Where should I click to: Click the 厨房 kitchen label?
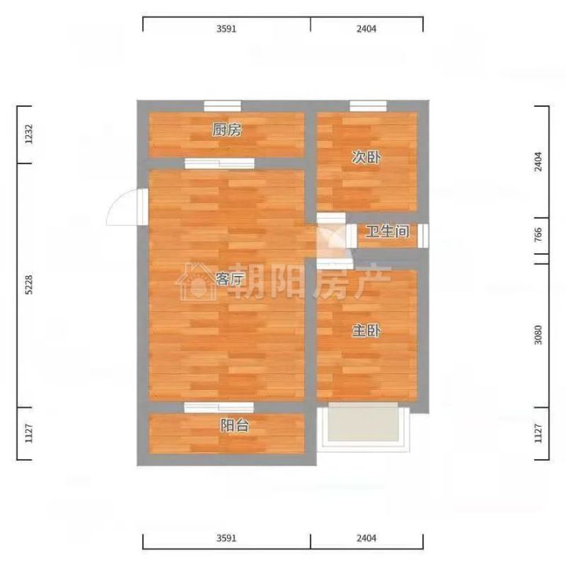pyautogui.click(x=226, y=130)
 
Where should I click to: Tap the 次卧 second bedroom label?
pyautogui.click(x=366, y=157)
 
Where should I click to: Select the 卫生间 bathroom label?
pyautogui.click(x=388, y=231)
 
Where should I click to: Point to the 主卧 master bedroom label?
pyautogui.click(x=366, y=330)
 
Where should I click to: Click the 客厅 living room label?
pyautogui.click(x=230, y=278)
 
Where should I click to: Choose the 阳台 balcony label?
pyautogui.click(x=234, y=425)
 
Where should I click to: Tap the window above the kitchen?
pyautogui.click(x=222, y=106)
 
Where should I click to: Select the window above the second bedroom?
pyautogui.click(x=368, y=106)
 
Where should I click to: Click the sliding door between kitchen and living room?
pyautogui.click(x=219, y=164)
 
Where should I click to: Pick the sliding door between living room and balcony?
pyautogui.click(x=219, y=407)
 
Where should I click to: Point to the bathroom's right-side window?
pyautogui.click(x=423, y=236)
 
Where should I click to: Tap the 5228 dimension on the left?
pyautogui.click(x=29, y=285)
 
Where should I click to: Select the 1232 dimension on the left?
pyautogui.click(x=29, y=134)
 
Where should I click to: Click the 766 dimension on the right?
pyautogui.click(x=538, y=234)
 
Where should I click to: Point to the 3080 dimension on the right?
pyautogui.click(x=538, y=335)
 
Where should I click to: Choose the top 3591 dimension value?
pyautogui.click(x=226, y=28)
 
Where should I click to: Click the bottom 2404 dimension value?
pyautogui.click(x=366, y=538)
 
